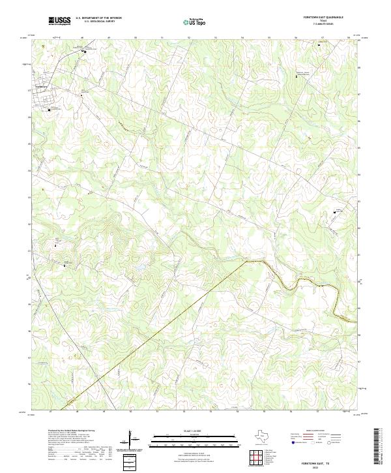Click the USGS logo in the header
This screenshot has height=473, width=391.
59,21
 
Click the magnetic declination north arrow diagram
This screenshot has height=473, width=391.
134,438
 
